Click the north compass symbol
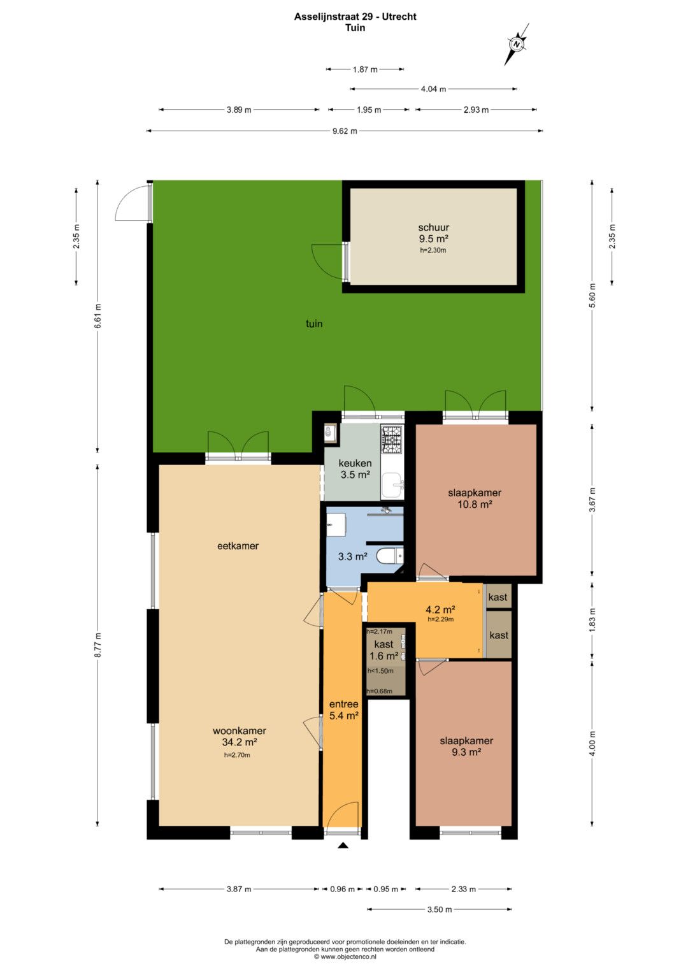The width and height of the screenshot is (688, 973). (x=517, y=45)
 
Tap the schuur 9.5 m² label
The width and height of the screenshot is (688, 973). (x=433, y=233)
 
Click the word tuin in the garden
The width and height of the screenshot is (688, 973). (x=314, y=324)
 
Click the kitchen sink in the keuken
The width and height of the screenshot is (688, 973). (x=392, y=485)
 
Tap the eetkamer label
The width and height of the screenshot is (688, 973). (x=238, y=545)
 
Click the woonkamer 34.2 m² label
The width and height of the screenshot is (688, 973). (x=239, y=736)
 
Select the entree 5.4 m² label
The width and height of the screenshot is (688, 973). (x=343, y=709)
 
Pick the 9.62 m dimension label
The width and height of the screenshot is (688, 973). (x=345, y=131)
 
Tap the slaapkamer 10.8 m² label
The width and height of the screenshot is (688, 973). (x=475, y=498)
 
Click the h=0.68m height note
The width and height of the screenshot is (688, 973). (x=380, y=691)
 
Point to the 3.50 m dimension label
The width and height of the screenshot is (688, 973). (x=440, y=909)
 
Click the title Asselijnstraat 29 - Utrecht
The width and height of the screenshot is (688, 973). (x=355, y=17)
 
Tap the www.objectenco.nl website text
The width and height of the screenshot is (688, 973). (x=345, y=956)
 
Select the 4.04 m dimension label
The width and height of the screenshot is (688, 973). (x=433, y=89)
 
